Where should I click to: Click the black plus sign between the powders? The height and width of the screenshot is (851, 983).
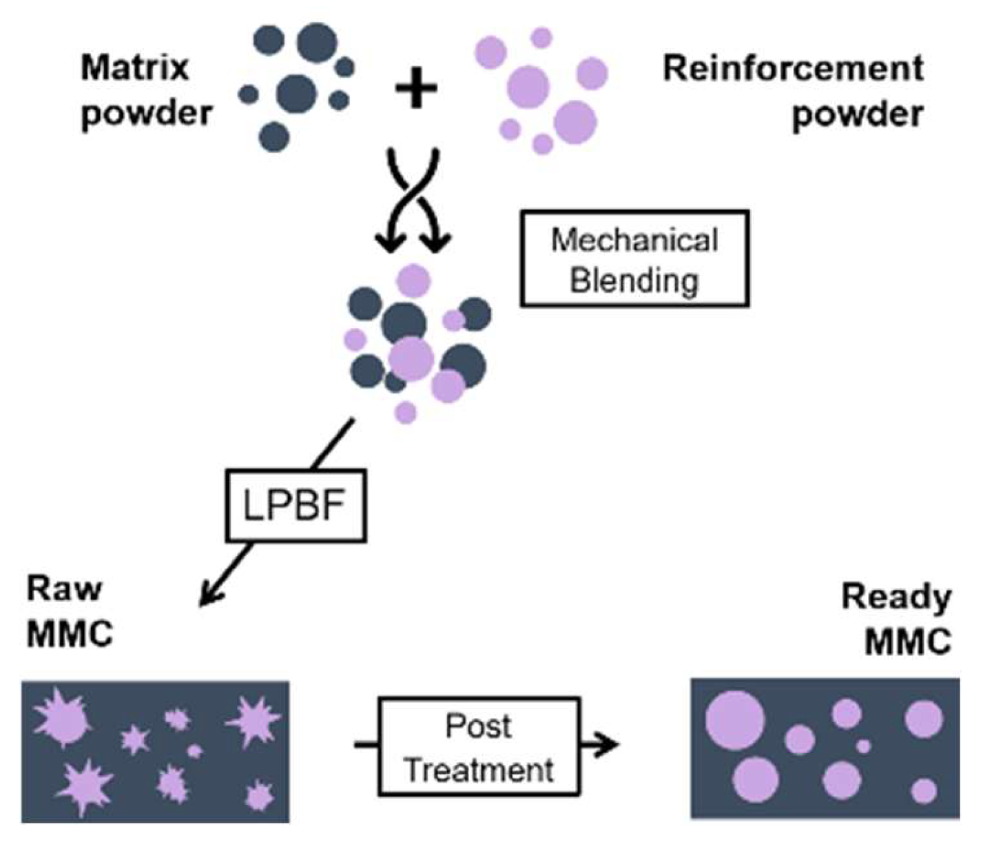pyautogui.click(x=416, y=89)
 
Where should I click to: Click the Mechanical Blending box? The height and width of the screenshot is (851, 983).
pyautogui.click(x=634, y=259)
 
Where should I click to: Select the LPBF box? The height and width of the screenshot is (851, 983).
pyautogui.click(x=296, y=506)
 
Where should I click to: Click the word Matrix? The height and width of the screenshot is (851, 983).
pyautogui.click(x=135, y=68)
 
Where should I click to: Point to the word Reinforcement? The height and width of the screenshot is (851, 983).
pyautogui.click(x=793, y=68)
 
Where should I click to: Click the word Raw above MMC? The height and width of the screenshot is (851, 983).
pyautogui.click(x=63, y=589)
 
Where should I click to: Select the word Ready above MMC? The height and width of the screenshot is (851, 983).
pyautogui.click(x=896, y=597)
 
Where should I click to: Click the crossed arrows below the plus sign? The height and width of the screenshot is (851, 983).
pyautogui.click(x=414, y=200)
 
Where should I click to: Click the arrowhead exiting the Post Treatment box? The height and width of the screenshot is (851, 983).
pyautogui.click(x=608, y=744)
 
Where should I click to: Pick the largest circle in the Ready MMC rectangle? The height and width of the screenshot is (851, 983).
pyautogui.click(x=735, y=721)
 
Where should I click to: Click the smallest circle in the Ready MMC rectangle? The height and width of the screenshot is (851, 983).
pyautogui.click(x=864, y=746)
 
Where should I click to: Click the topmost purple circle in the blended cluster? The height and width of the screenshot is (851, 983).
pyautogui.click(x=413, y=281)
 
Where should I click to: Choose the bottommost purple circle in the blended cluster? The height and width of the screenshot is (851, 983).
pyautogui.click(x=406, y=412)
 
